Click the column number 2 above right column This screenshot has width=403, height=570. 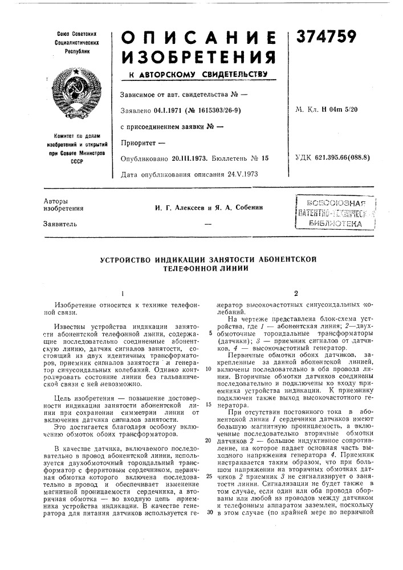(296, 294)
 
